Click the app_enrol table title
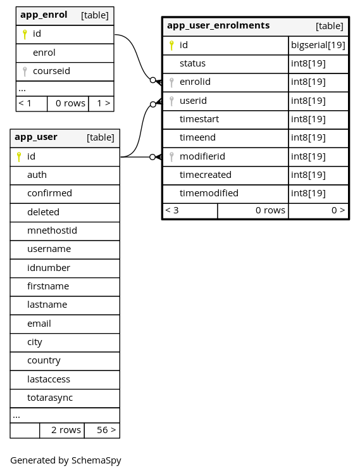point(44,15)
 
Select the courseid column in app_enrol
point(51,71)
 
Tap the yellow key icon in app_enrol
point(25,34)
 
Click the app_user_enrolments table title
point(218,25)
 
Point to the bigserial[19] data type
point(318,45)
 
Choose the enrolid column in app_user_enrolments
point(195,82)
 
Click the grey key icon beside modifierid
point(171,157)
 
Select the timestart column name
point(199,119)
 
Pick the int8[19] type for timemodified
point(308,193)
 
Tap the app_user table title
point(36,137)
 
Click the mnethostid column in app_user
point(52,230)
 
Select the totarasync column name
point(50,398)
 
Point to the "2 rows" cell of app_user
point(66,430)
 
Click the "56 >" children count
point(106,430)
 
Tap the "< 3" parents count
point(172,210)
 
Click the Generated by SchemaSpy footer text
point(66,460)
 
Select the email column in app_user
point(39,324)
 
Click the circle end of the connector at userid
point(153,104)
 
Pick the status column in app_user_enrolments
point(192,63)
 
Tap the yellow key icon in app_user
point(19,157)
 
